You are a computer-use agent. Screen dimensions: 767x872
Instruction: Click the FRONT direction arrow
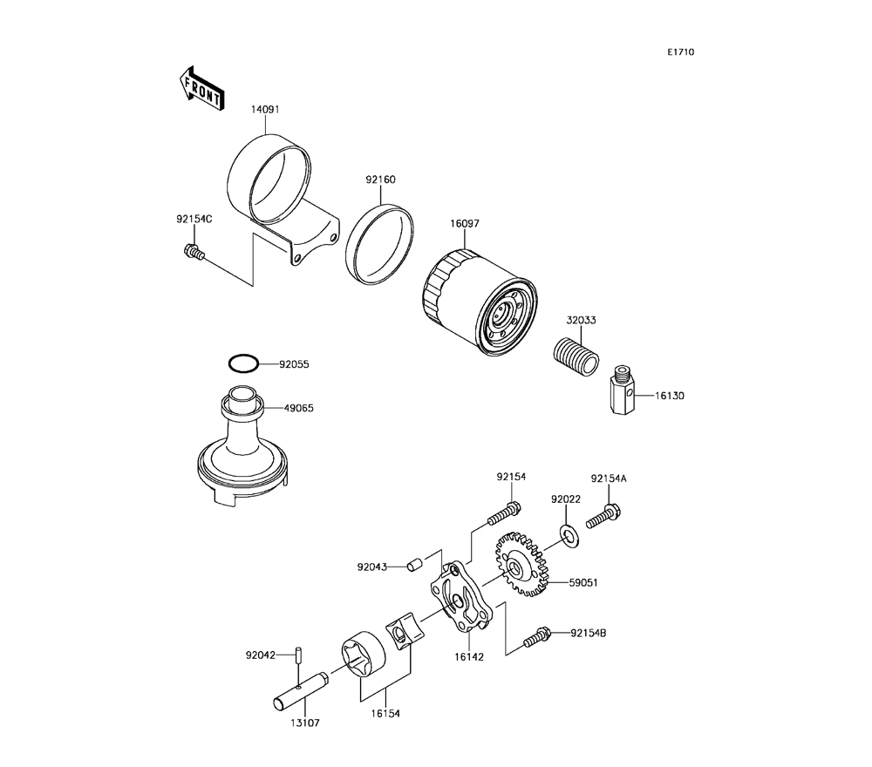[201, 89]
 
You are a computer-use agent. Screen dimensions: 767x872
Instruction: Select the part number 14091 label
[266, 111]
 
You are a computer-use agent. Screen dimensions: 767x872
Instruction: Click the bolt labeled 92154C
[193, 254]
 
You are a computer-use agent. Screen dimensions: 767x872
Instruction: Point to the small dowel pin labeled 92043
[416, 566]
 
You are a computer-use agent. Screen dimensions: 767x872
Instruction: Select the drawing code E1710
[680, 52]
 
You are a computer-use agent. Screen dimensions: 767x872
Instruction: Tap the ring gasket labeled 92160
[380, 245]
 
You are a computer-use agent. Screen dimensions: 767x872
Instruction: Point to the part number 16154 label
[384, 712]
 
